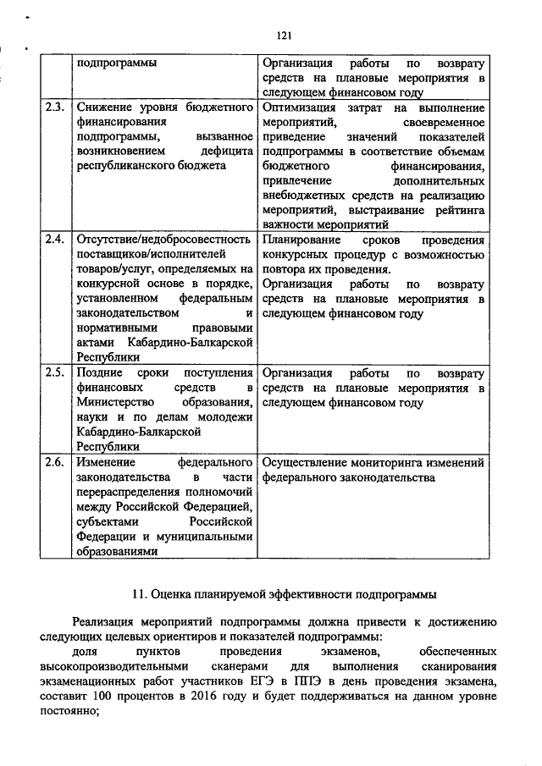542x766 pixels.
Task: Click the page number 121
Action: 284,35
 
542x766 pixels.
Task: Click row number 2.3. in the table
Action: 53,107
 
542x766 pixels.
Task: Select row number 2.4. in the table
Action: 53,239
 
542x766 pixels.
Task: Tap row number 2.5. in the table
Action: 53,372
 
